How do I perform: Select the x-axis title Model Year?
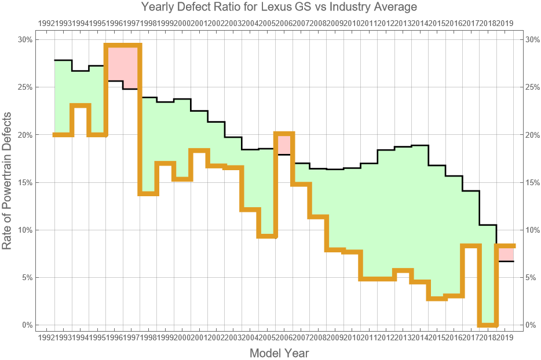coord(279,353)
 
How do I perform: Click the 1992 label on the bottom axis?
coord(46,337)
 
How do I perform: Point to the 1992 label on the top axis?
coord(46,23)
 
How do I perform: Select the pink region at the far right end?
coord(505,254)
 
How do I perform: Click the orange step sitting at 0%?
coord(488,325)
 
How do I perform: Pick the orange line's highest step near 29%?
coord(123,46)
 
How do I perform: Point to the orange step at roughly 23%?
coord(81,105)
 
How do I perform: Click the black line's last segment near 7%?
coord(505,262)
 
